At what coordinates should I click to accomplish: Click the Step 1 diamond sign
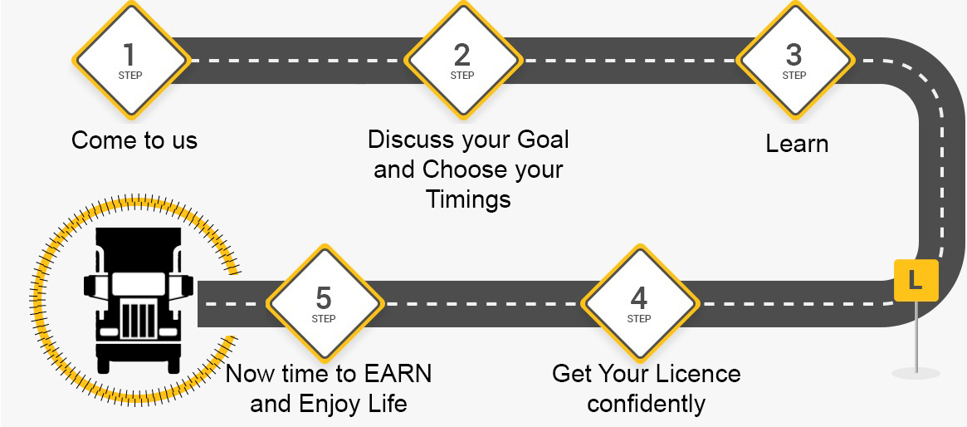tap(130, 61)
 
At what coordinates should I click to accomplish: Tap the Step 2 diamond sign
tap(462, 61)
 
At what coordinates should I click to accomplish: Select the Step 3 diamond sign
tap(795, 61)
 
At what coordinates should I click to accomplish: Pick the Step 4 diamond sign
tap(639, 303)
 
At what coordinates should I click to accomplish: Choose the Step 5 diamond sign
tap(325, 303)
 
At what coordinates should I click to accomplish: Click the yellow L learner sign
tap(916, 281)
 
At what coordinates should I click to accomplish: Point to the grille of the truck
tap(139, 319)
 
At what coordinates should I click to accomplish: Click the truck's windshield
tap(138, 283)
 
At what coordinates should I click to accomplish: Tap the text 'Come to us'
tap(134, 140)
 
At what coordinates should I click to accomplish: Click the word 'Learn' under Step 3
tap(797, 144)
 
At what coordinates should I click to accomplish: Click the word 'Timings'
tap(469, 199)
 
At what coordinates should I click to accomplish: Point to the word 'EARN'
tap(398, 374)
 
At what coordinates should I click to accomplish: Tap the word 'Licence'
tap(699, 374)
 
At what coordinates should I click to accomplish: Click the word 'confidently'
tap(647, 405)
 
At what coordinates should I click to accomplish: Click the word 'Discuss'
tap(410, 140)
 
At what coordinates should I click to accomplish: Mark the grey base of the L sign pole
tap(916, 373)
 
